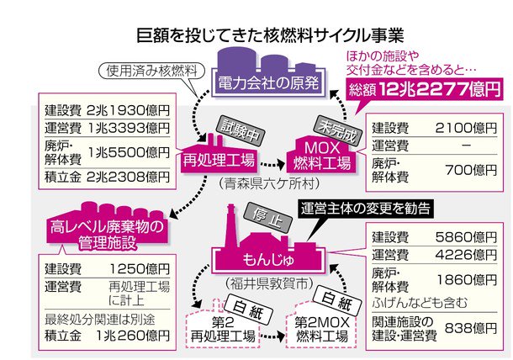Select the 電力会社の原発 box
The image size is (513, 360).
[x=260, y=82]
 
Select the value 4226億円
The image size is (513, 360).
[x=462, y=255]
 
